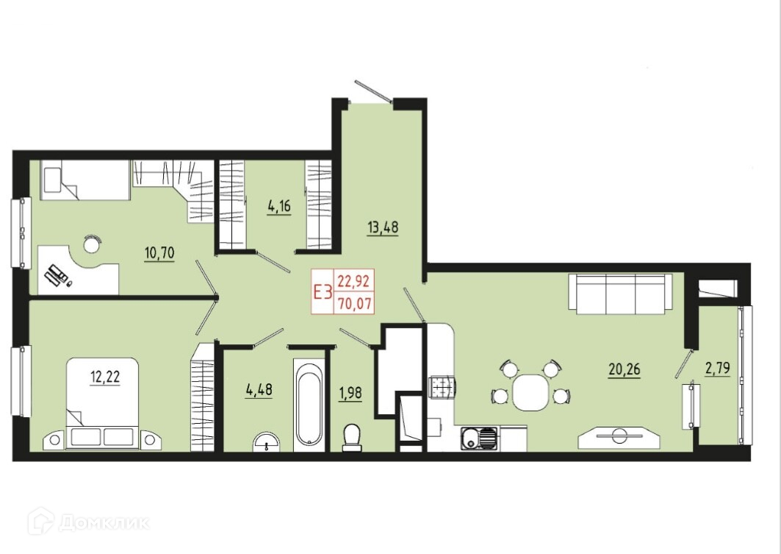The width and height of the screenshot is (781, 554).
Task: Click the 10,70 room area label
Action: tap(159, 254)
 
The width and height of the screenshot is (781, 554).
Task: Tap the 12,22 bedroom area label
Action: tap(105, 377)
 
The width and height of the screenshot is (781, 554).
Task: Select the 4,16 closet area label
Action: tap(279, 207)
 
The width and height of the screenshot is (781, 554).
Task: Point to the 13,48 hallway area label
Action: tap(383, 228)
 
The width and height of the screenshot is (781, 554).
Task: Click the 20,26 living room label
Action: tap(624, 370)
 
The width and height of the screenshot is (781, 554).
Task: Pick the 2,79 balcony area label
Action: tap(717, 369)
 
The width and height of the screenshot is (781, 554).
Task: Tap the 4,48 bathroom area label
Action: tap(259, 389)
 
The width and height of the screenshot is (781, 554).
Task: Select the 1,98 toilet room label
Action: tap(350, 394)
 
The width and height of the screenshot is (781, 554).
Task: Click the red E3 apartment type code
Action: tap(323, 292)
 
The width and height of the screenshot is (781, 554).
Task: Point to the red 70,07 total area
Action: tap(355, 303)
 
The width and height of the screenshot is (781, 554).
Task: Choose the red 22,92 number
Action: tap(353, 282)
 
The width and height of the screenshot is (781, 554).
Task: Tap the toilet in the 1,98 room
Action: tap(352, 437)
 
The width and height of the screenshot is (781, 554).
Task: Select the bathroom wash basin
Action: tap(267, 442)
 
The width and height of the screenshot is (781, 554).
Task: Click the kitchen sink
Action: tap(478, 439)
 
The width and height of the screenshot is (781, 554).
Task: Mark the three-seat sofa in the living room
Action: tap(621, 294)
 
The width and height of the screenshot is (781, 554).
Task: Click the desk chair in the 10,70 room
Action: tap(92, 244)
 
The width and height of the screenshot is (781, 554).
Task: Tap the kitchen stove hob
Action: tap(442, 387)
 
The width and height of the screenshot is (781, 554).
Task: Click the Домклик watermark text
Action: tap(104, 523)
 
